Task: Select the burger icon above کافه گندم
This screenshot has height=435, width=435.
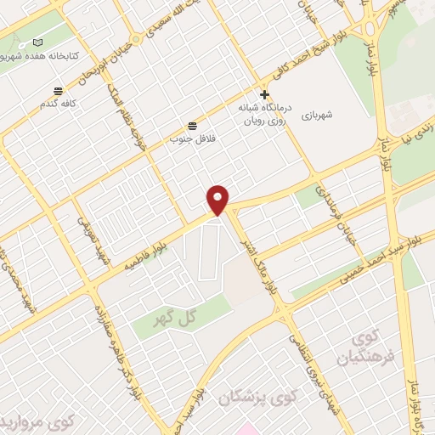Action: (58, 91)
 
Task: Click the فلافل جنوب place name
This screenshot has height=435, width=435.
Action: (192, 137)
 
